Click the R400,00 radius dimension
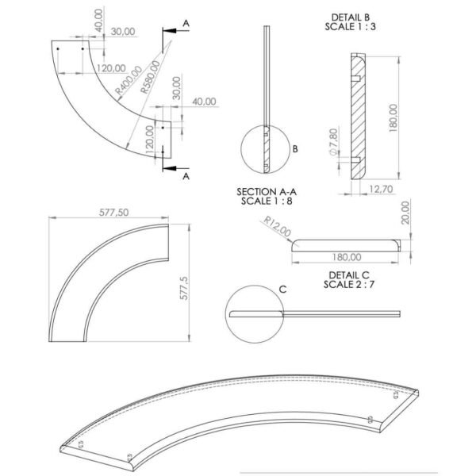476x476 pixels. point(129,79)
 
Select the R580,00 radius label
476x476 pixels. point(150,77)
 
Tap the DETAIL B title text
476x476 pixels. point(351,17)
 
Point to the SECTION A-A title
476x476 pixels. point(267,192)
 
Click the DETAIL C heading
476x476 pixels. point(349,275)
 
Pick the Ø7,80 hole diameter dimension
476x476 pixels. point(333,142)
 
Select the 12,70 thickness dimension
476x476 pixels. point(381,189)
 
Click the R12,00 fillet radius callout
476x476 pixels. point(277,226)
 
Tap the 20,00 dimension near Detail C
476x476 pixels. point(405,213)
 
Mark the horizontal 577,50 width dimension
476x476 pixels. point(113,213)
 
